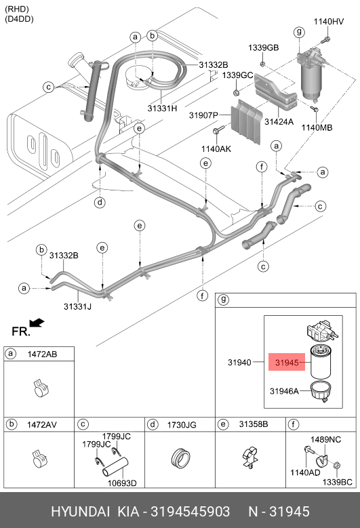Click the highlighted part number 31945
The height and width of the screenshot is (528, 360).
point(287,363)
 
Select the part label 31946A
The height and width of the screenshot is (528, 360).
point(284,391)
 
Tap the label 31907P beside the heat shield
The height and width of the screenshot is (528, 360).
point(204,115)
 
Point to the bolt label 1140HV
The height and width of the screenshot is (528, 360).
point(329,22)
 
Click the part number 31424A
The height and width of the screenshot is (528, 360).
point(279,121)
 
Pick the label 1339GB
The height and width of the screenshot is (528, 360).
point(263,48)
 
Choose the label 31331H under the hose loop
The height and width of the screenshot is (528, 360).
point(162,108)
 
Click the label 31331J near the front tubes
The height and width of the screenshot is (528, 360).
point(77,306)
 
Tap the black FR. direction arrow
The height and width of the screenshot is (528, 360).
point(37,323)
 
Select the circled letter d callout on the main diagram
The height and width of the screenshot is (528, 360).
point(100,203)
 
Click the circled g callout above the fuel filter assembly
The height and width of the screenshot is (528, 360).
point(299,32)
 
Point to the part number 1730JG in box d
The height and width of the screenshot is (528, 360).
point(182,425)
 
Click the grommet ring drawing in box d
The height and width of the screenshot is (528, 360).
point(181,458)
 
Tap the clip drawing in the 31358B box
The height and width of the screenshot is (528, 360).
point(249,457)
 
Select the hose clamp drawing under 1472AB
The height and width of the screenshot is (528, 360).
point(42,389)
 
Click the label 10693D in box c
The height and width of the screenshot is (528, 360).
point(122,483)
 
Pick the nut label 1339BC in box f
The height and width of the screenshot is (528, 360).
point(337,482)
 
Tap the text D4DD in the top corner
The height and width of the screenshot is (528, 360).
point(19,19)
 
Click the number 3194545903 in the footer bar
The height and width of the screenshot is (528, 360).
point(191,511)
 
